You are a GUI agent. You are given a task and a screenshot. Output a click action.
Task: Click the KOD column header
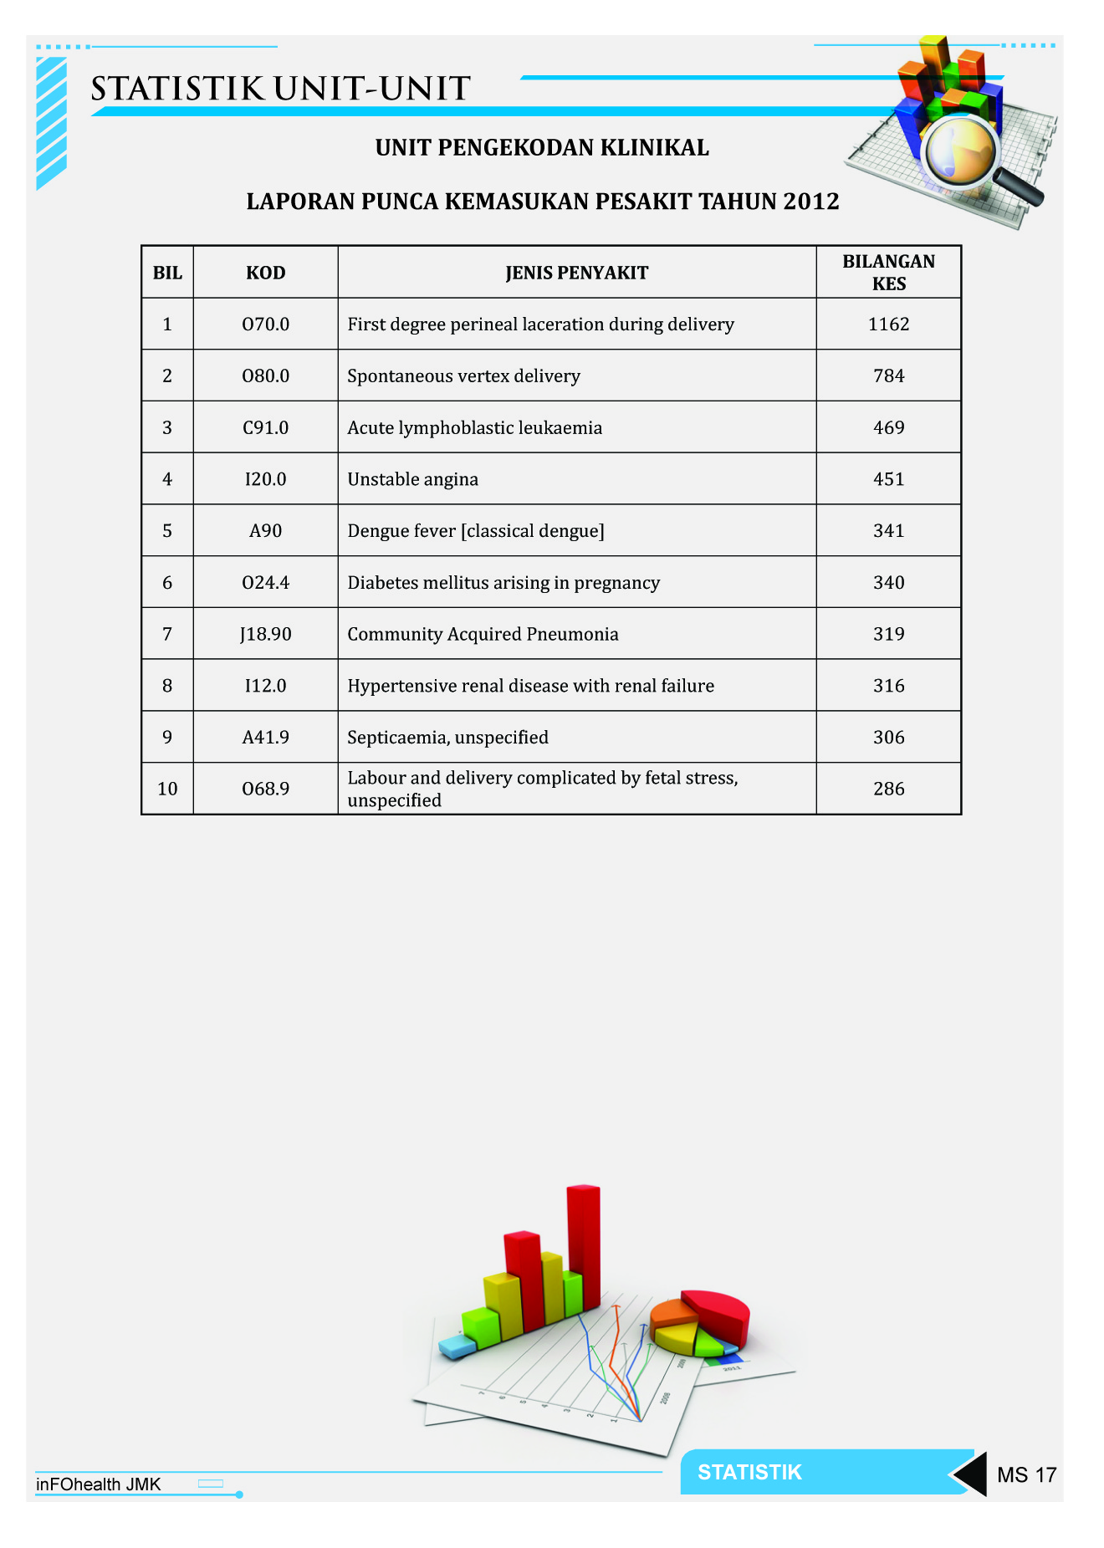tap(265, 273)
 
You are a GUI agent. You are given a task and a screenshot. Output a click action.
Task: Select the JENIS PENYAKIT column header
tap(576, 273)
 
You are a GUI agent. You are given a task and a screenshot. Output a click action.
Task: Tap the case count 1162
tap(888, 324)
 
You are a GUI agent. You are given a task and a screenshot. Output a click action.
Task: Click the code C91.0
tap(265, 428)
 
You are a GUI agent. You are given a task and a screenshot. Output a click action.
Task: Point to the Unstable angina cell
tap(413, 479)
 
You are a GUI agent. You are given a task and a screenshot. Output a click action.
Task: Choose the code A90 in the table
tap(265, 531)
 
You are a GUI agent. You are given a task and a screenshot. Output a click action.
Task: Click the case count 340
tap(888, 583)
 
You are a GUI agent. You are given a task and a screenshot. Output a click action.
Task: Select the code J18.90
tap(265, 635)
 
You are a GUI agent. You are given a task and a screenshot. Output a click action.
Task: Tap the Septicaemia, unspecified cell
tap(448, 738)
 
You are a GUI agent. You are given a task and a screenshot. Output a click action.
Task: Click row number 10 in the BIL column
tap(167, 789)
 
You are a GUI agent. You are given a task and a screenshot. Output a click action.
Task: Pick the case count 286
tap(888, 789)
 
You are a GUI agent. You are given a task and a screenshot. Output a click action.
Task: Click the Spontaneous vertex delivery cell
tap(463, 376)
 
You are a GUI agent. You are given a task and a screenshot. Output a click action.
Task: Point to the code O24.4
tap(265, 583)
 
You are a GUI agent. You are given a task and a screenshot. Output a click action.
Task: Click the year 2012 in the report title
tap(810, 202)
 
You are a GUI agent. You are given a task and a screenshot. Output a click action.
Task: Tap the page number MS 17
tap(1026, 1474)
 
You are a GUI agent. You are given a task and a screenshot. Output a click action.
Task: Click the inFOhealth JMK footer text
tap(98, 1484)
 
